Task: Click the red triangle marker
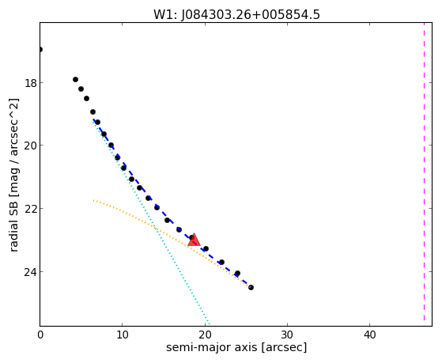(x=194, y=240)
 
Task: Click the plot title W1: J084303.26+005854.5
(x=236, y=15)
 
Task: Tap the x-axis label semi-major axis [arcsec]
(x=236, y=347)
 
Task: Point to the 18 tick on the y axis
(x=31, y=84)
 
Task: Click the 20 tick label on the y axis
(x=31, y=146)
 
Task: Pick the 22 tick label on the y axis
(x=31, y=210)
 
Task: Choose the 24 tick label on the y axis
(x=31, y=273)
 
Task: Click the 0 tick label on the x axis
(x=40, y=335)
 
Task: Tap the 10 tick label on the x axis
(x=123, y=335)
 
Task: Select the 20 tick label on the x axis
(x=205, y=335)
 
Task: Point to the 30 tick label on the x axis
(x=287, y=335)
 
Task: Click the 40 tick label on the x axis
(x=369, y=335)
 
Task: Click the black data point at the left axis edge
(x=40, y=50)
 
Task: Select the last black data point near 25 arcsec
(x=251, y=287)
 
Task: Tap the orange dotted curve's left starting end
(x=94, y=201)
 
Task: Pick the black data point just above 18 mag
(x=76, y=80)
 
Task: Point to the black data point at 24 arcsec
(x=238, y=274)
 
